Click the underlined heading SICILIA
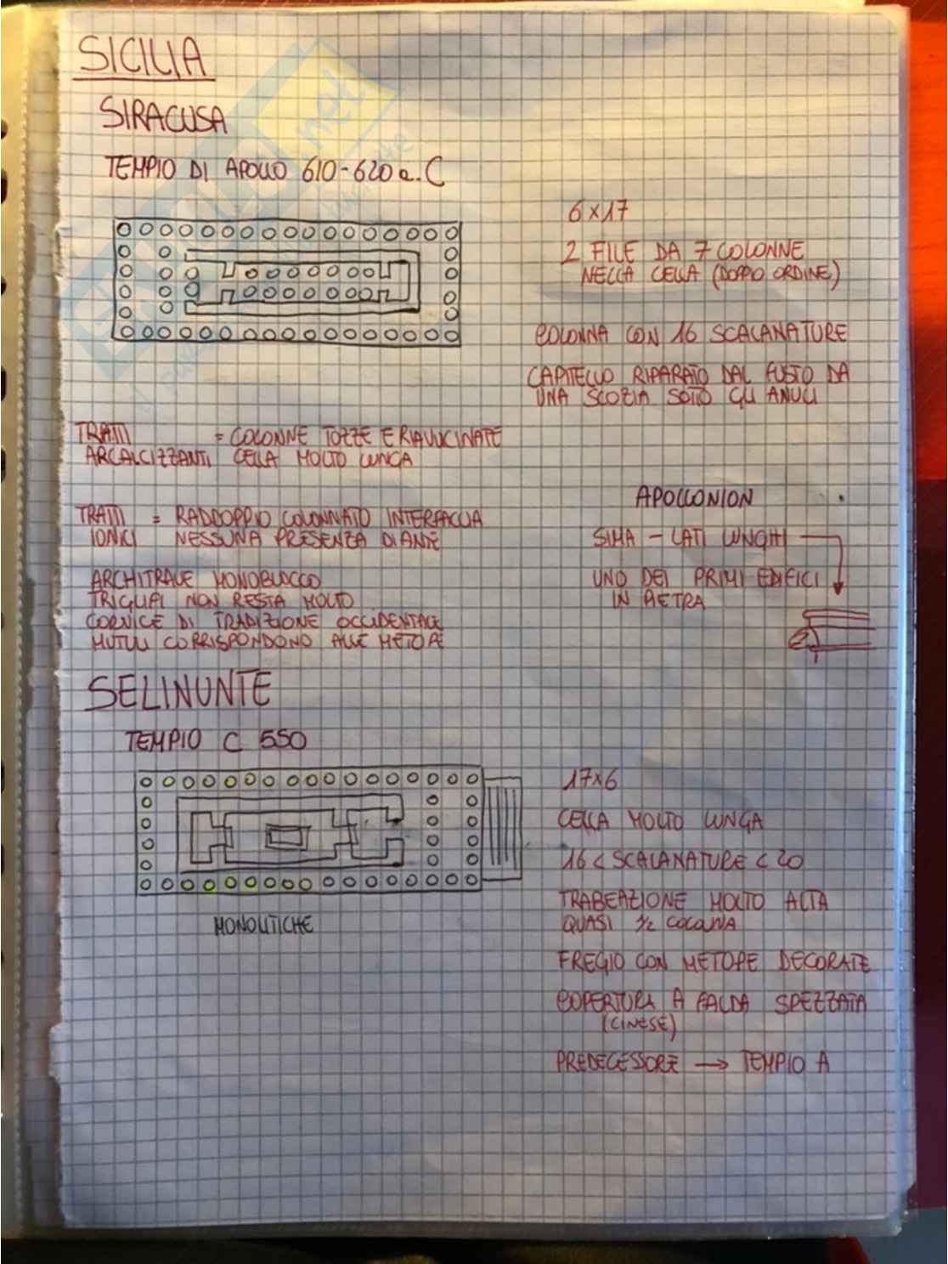143,58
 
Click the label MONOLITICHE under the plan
263,925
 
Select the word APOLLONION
694,499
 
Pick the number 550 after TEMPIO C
281,740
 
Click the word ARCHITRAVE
141,581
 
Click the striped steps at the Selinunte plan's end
503,828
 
